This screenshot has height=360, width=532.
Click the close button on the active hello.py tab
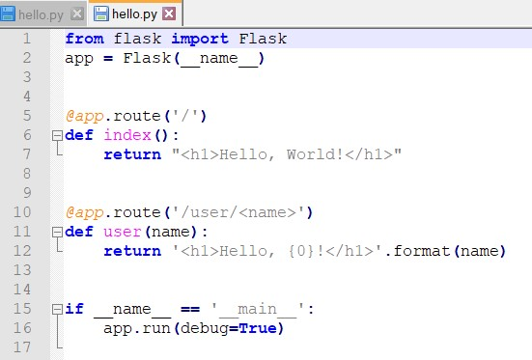(x=169, y=14)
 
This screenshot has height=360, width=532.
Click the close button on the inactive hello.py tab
(x=77, y=14)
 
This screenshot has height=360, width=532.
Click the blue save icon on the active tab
(x=99, y=14)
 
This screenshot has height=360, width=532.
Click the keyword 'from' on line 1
(x=84, y=39)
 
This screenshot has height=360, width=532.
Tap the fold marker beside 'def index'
(x=58, y=135)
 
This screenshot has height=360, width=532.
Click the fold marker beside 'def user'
(x=58, y=232)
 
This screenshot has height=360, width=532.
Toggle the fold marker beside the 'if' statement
(x=58, y=309)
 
